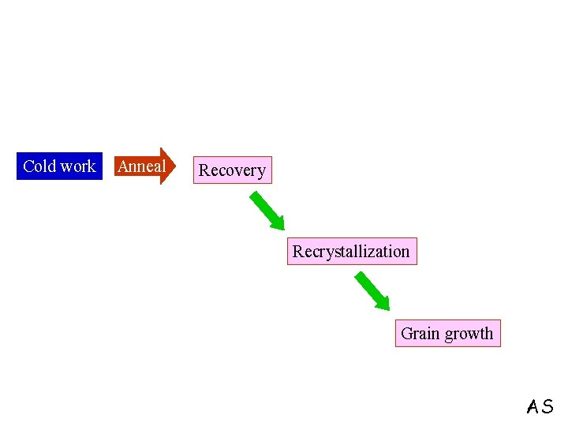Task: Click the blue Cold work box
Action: point(59,166)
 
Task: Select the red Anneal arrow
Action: point(144,166)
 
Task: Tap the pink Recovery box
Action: point(232,170)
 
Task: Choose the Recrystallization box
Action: point(351,252)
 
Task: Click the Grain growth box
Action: point(447,334)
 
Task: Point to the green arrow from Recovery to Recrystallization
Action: point(268,211)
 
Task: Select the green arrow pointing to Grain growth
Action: point(372,291)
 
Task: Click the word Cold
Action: point(39,166)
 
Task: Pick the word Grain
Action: point(420,334)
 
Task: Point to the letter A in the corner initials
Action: point(534,407)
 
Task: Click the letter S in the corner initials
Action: point(547,407)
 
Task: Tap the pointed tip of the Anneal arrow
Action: point(178,166)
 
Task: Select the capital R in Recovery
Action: point(204,170)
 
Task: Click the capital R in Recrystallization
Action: point(298,252)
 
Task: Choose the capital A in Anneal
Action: point(123,166)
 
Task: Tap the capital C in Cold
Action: point(28,166)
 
